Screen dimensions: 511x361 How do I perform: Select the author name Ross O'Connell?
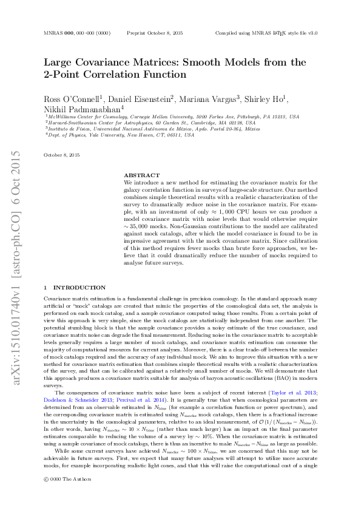point(67,99)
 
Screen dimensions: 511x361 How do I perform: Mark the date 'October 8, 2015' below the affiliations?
point(62,156)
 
